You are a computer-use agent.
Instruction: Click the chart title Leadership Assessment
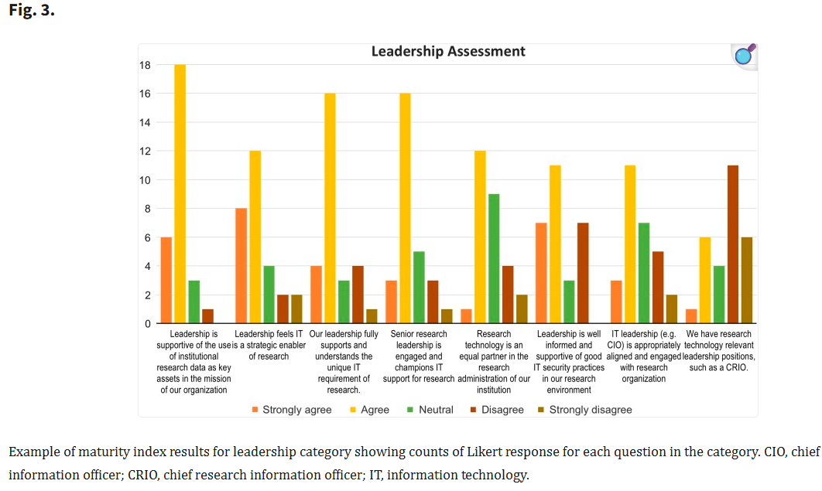(x=448, y=52)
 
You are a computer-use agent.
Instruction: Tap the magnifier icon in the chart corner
(x=744, y=56)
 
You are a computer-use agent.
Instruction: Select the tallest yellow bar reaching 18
(x=180, y=193)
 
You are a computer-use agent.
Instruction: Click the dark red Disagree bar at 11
(x=733, y=244)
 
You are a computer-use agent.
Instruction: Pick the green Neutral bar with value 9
(x=494, y=258)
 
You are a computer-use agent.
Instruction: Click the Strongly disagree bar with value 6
(x=747, y=280)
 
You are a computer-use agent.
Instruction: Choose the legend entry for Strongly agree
(x=292, y=410)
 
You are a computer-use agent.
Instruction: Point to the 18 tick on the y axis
(x=145, y=65)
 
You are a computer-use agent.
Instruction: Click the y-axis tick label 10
(x=145, y=180)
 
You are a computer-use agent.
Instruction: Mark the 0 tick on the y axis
(x=147, y=324)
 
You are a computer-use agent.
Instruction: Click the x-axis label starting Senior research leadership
(x=419, y=356)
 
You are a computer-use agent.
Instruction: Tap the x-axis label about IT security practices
(x=569, y=362)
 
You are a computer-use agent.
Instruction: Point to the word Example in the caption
(x=32, y=452)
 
